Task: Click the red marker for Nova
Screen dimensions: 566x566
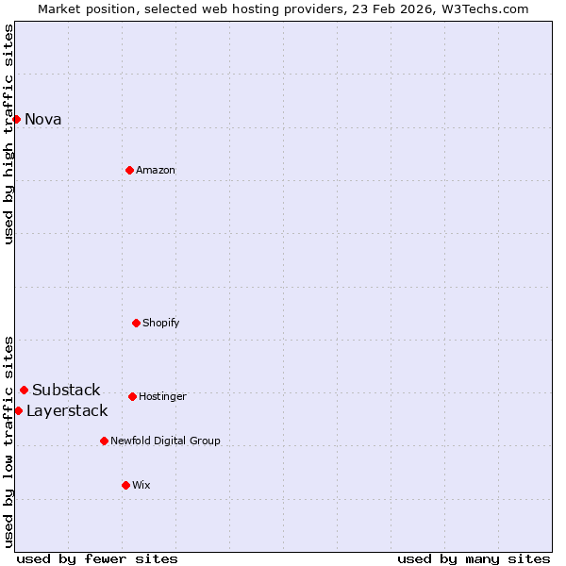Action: pyautogui.click(x=16, y=119)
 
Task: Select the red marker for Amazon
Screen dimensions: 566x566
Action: pyautogui.click(x=129, y=170)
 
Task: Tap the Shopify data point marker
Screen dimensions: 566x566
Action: pyautogui.click(x=136, y=323)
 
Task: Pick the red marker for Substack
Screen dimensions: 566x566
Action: pyautogui.click(x=24, y=390)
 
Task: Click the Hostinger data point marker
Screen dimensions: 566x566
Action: pyautogui.click(x=132, y=396)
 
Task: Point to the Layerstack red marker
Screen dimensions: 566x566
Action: pyautogui.click(x=18, y=410)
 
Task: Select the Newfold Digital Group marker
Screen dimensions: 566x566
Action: pyautogui.click(x=104, y=441)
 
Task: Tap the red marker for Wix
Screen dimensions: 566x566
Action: pyautogui.click(x=125, y=485)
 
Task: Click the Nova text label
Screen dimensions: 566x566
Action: pyautogui.click(x=42, y=119)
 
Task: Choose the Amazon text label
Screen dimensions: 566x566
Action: pyautogui.click(x=156, y=170)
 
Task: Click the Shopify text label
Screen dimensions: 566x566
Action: pyautogui.click(x=160, y=323)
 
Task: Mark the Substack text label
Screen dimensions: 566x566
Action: pyautogui.click(x=66, y=390)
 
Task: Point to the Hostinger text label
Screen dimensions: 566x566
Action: pyautogui.click(x=162, y=396)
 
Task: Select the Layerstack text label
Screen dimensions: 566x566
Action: pyautogui.click(x=67, y=410)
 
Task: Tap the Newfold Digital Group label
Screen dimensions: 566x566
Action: pyautogui.click(x=165, y=441)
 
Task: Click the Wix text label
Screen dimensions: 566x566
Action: pyautogui.click(x=141, y=485)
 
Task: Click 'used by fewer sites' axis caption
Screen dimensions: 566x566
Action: pyautogui.click(x=97, y=558)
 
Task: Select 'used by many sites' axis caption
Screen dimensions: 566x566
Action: pyautogui.click(x=474, y=558)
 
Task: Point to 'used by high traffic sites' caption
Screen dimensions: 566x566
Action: pyautogui.click(x=8, y=134)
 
